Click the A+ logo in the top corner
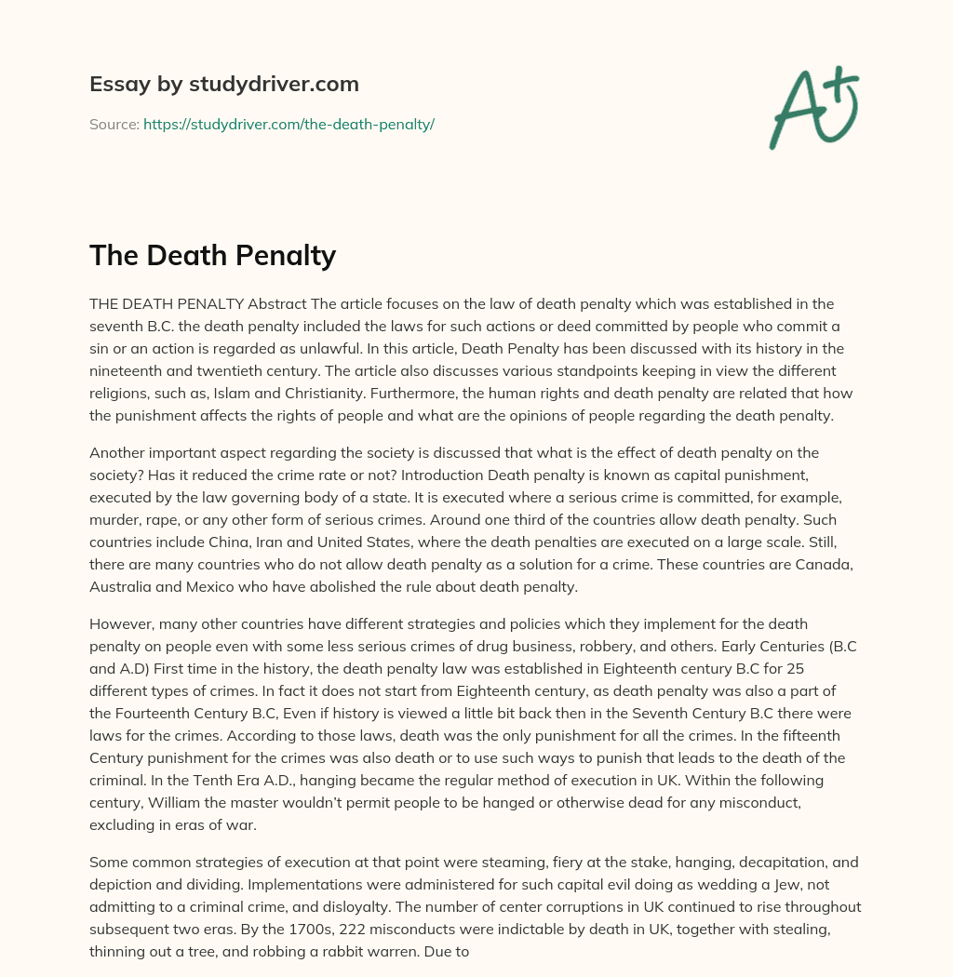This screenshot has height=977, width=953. [812, 107]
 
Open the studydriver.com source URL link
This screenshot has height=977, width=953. [289, 124]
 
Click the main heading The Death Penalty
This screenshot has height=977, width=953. [212, 255]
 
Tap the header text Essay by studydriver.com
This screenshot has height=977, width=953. [224, 84]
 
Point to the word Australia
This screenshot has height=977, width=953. [124, 587]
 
